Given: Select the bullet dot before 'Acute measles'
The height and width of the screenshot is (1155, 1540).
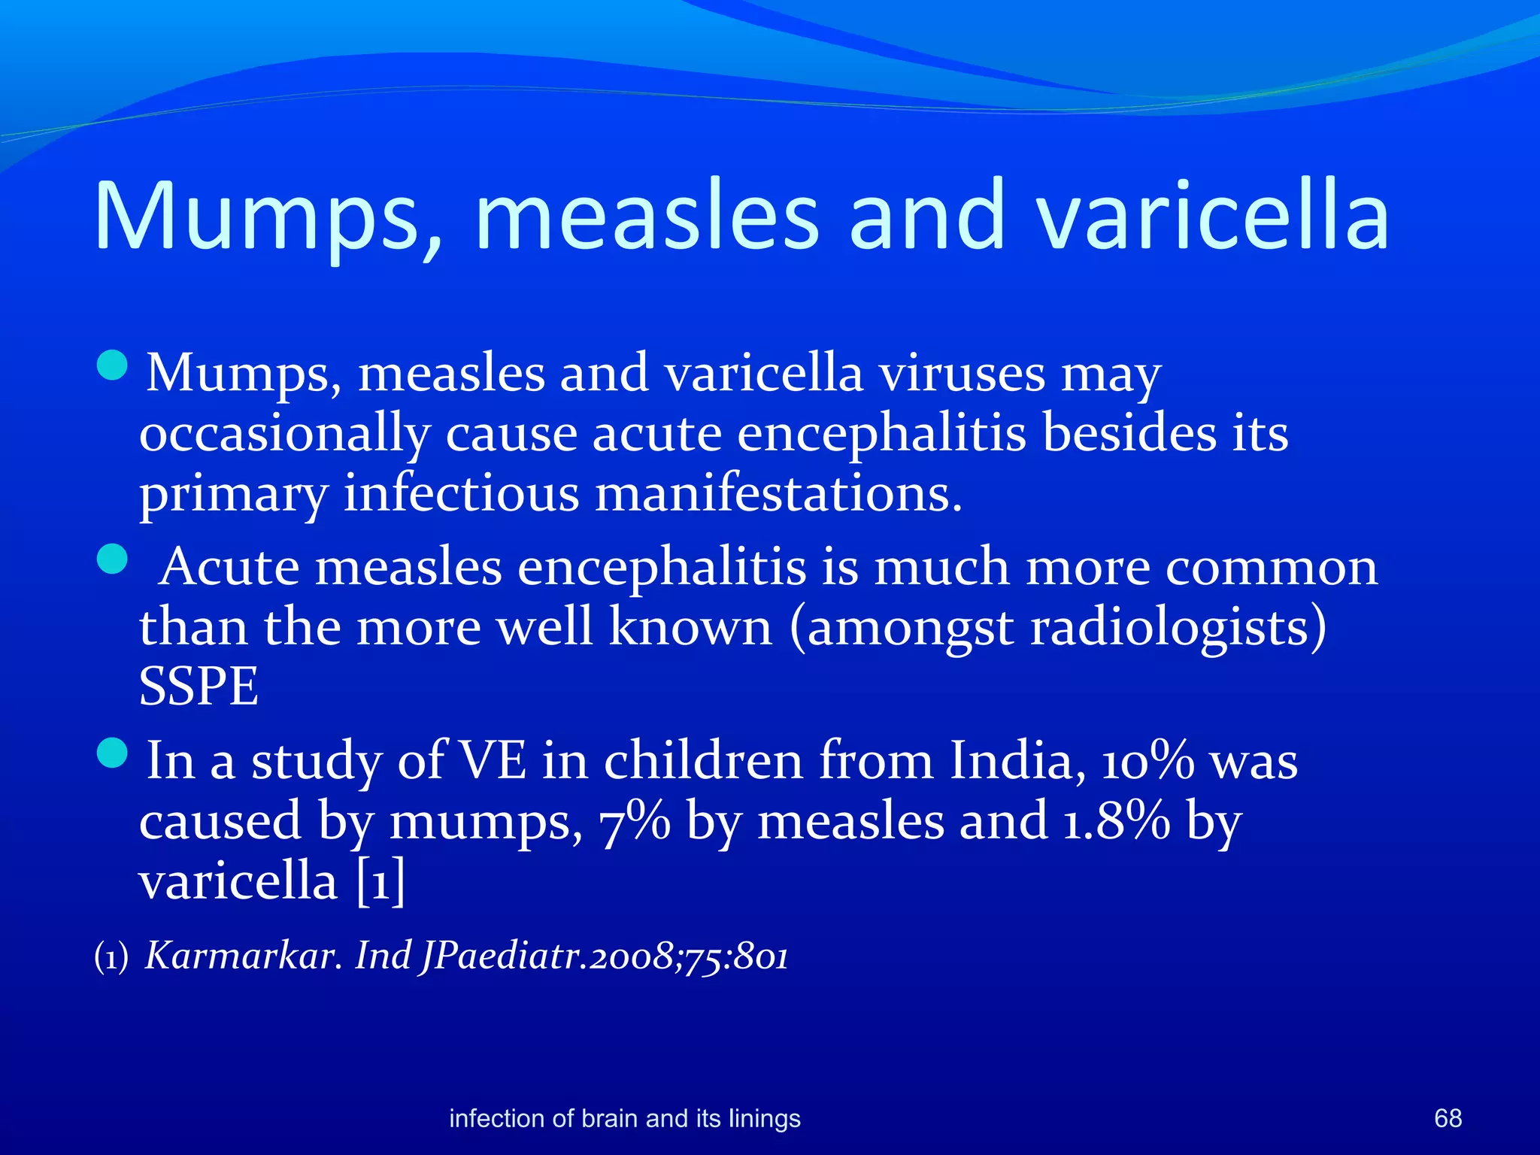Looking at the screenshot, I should point(113,559).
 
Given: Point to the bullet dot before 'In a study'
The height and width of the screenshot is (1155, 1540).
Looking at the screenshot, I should point(113,753).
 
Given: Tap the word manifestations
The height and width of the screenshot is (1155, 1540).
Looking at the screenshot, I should point(778,495).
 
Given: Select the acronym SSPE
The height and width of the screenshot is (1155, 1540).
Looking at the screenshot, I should point(199,687).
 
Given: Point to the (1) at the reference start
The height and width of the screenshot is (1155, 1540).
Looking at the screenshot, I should point(111,958).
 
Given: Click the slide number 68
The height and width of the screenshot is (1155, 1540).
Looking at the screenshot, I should point(1448,1118).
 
